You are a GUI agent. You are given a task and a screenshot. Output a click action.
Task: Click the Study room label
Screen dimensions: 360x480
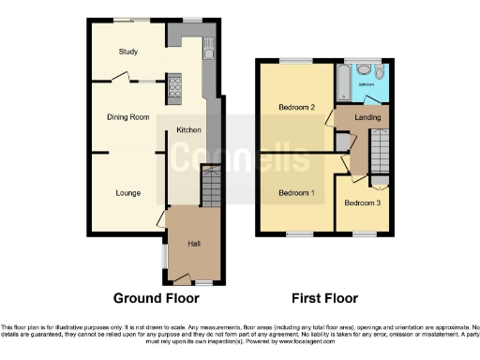(x=128, y=52)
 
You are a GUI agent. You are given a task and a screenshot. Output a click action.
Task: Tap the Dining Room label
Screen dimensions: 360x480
(x=127, y=117)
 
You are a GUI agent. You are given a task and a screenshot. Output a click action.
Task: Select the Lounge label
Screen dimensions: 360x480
(x=128, y=193)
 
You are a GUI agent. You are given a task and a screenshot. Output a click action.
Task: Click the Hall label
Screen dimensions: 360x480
(x=194, y=244)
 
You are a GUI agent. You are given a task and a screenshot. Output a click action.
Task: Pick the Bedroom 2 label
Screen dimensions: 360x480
(x=296, y=107)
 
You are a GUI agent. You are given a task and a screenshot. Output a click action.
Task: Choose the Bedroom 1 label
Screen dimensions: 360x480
(x=296, y=193)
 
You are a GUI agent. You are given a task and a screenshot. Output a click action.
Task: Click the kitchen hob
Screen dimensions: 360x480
(x=175, y=88)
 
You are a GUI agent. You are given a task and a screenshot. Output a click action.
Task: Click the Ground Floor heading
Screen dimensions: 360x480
(x=156, y=298)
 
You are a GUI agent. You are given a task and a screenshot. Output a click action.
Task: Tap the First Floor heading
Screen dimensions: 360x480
(x=326, y=298)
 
